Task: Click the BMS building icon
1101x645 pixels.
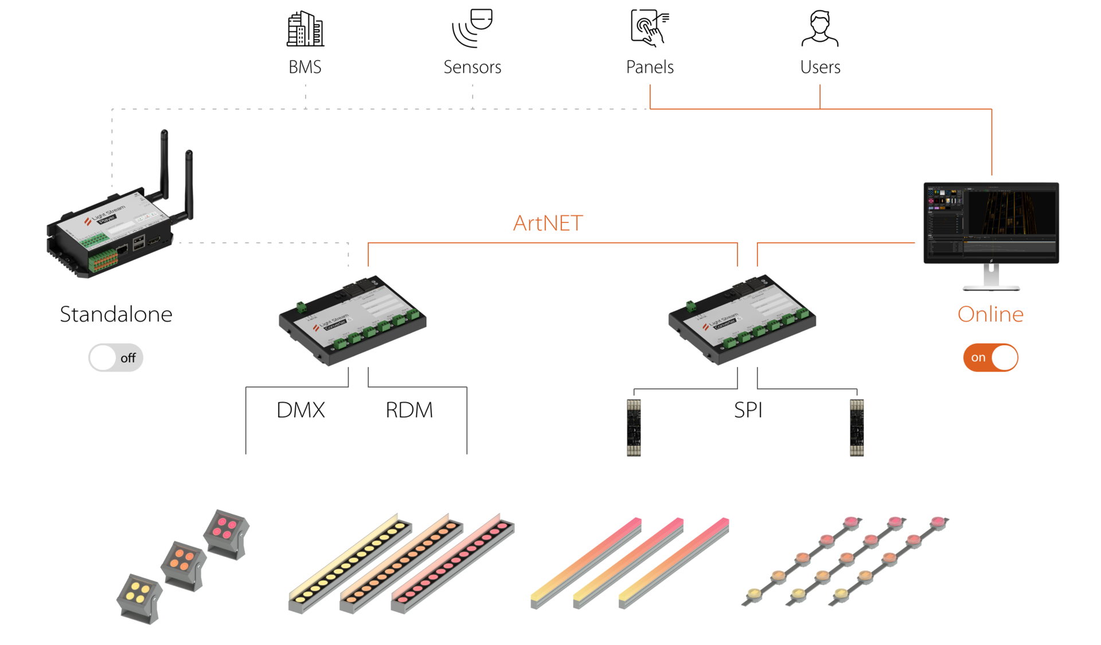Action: (x=305, y=29)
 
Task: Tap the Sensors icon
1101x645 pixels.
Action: (x=472, y=28)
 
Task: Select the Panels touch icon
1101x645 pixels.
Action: (x=649, y=28)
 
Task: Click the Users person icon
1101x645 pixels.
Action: (x=819, y=28)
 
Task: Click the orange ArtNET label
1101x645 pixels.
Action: (x=548, y=223)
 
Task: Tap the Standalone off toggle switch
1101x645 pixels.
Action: (x=116, y=358)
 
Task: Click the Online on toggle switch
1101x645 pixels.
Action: (x=990, y=358)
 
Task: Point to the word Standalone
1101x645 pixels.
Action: (x=116, y=314)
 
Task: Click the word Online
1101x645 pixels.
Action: (x=990, y=314)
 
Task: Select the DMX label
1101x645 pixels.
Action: (x=300, y=410)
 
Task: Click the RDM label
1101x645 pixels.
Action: (x=409, y=410)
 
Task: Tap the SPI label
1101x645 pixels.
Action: (x=748, y=410)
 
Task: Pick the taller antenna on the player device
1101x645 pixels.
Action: (x=164, y=163)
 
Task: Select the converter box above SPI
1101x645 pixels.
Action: (x=741, y=319)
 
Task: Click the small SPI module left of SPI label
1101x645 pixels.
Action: (x=634, y=428)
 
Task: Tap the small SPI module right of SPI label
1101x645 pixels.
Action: (x=856, y=428)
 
